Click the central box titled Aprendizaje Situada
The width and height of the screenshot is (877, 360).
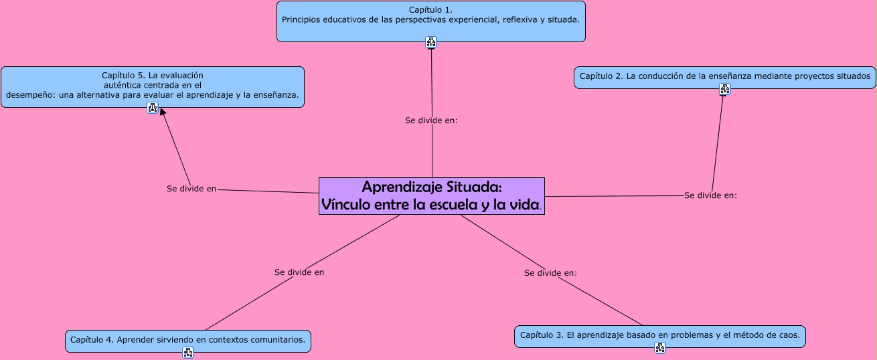pos(432,196)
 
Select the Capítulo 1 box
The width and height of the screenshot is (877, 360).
pos(431,20)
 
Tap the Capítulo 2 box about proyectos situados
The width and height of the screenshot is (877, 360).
pos(725,76)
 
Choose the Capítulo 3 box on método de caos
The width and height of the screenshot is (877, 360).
pos(659,335)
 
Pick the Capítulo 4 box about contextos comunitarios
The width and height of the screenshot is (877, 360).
pos(187,340)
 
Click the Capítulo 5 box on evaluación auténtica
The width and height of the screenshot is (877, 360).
pos(153,86)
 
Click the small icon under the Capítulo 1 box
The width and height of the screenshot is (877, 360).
pos(431,43)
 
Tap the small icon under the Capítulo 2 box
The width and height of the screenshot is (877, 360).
pos(725,89)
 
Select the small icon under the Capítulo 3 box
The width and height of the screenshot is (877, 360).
pos(660,348)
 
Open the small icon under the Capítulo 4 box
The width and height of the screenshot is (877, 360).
pos(188,352)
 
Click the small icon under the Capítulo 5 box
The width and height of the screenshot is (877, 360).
pos(153,108)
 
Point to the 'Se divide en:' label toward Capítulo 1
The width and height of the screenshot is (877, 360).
pos(431,120)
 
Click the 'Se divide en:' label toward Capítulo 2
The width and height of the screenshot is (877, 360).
pos(710,195)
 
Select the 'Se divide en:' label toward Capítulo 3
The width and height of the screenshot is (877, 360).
pos(550,273)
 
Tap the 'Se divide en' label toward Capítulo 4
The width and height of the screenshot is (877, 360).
pos(299,272)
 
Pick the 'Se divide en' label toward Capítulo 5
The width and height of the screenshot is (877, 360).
pos(191,189)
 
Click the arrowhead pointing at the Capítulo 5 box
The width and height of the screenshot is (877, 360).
pos(163,112)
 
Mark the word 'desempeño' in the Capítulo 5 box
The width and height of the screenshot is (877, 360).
pos(28,95)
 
